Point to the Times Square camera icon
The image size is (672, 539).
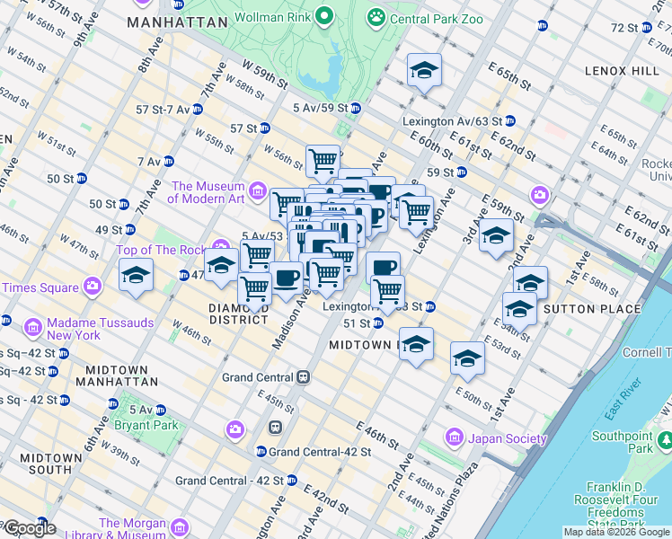click(93, 287)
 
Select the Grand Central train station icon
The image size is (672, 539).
click(305, 377)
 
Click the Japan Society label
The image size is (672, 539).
click(506, 438)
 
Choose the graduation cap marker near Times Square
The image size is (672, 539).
click(136, 275)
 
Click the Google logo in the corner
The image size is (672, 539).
click(29, 528)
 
